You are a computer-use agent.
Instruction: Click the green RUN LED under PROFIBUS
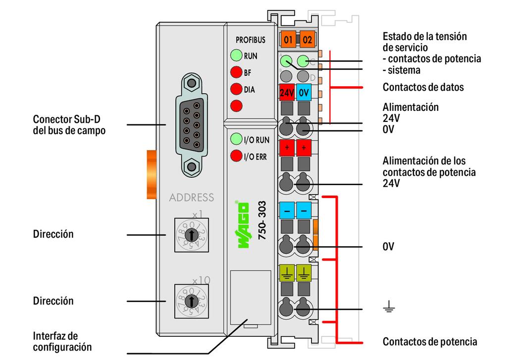(236, 55)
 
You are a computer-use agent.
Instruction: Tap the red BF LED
(236, 73)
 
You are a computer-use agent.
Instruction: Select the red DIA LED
(236, 90)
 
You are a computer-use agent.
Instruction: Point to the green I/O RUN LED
(236, 140)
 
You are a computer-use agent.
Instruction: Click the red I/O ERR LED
(236, 157)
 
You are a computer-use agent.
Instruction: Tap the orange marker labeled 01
(288, 39)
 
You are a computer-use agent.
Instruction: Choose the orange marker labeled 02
(307, 39)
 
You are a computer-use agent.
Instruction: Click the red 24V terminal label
(287, 92)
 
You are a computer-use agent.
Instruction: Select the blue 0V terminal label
(304, 92)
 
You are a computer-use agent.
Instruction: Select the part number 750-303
(262, 221)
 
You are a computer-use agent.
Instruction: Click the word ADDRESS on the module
(192, 198)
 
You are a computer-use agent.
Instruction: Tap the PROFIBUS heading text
(251, 40)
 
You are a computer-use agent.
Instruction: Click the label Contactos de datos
(423, 88)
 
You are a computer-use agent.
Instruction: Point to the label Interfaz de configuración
(62, 342)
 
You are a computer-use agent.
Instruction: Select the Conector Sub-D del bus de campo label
(69, 125)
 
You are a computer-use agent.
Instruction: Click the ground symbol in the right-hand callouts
(389, 309)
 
